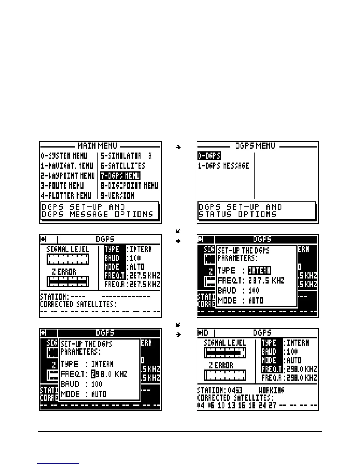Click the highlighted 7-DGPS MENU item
[120, 176]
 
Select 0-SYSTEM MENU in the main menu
[64, 156]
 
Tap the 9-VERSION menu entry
[117, 195]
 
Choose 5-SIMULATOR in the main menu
[121, 156]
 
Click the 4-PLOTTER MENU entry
[66, 195]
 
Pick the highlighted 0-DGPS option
[209, 156]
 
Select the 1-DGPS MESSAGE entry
[223, 166]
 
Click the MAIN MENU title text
[97, 146]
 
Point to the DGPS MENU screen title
[255, 146]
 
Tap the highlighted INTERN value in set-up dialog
[259, 270]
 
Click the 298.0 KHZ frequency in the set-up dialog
[109, 374]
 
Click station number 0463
[235, 390]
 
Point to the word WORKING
[271, 390]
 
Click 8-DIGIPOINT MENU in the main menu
[129, 186]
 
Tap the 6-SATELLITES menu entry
[123, 166]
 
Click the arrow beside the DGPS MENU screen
[178, 147]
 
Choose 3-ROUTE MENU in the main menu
[62, 186]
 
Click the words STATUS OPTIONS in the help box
[238, 214]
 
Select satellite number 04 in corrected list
[201, 406]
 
